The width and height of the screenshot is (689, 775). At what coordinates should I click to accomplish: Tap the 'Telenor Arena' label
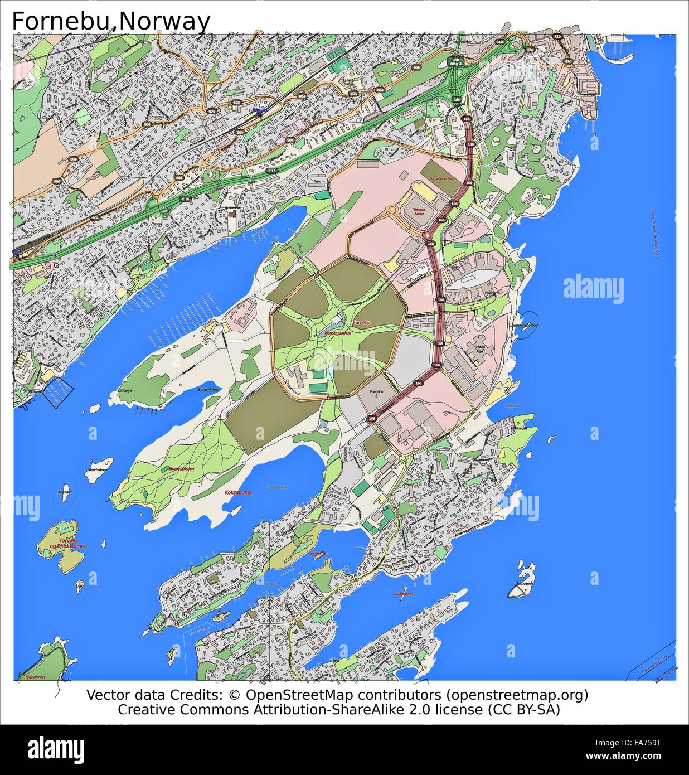click(x=419, y=211)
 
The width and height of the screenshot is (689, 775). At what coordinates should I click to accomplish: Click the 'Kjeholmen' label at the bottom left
click(x=35, y=677)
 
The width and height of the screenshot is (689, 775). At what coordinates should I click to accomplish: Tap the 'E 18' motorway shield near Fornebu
click(x=272, y=170)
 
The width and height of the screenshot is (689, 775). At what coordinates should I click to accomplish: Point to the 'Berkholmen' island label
click(x=96, y=471)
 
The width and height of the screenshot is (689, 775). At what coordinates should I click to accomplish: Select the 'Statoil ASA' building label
click(x=479, y=348)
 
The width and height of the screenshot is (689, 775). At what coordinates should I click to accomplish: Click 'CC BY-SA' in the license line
click(x=523, y=709)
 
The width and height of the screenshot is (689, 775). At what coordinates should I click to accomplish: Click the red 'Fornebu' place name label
click(x=362, y=323)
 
